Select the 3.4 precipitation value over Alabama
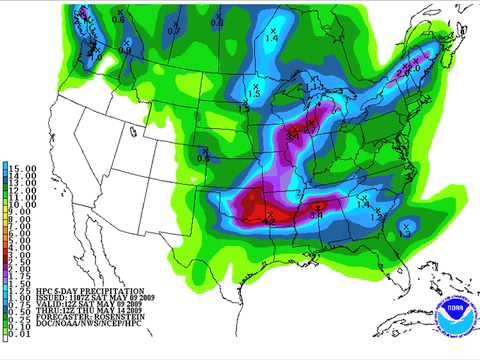click(x=317, y=211)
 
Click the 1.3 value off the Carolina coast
click(x=406, y=228)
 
